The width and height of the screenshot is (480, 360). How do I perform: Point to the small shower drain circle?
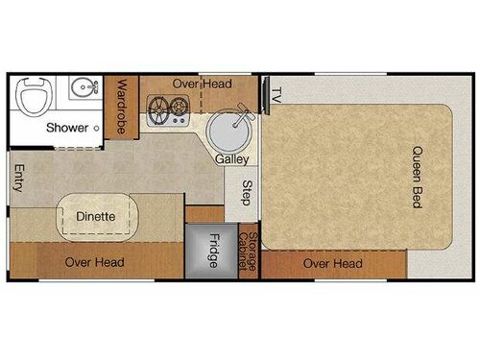click(97, 127)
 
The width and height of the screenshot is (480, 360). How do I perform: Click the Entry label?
click(18, 180)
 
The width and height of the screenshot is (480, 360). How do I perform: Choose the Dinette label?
click(96, 217)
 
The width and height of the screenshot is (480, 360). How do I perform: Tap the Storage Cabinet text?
click(251, 252)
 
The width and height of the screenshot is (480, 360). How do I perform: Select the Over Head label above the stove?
click(201, 84)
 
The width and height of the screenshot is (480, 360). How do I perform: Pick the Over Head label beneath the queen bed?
click(332, 264)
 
